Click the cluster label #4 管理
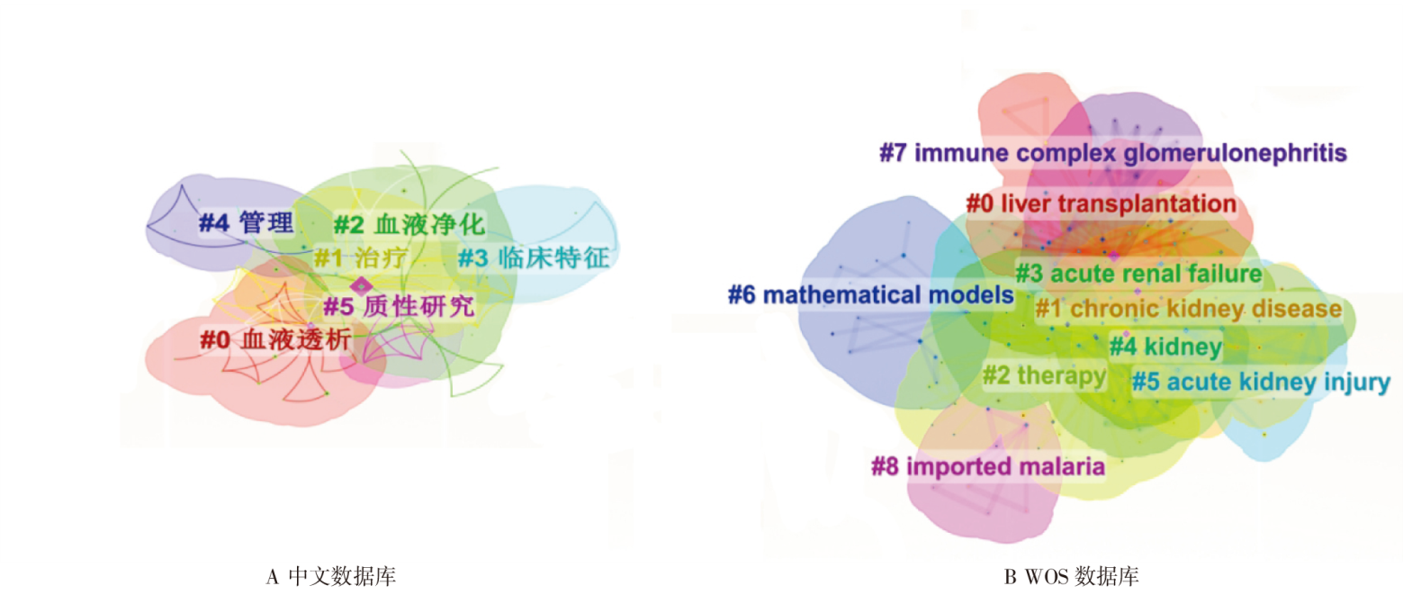coord(247,222)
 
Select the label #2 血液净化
coord(409,224)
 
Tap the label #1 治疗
coord(361,257)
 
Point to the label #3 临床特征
coord(534,257)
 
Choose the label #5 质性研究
coord(399,306)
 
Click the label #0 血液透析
coord(275,339)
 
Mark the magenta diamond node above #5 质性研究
coord(361,286)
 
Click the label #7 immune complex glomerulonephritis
coord(1113,153)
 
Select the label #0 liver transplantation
coord(1102,203)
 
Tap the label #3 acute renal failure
coord(1138,274)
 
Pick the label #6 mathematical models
coord(870,294)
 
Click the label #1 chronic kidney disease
coord(1188,309)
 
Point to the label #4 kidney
coord(1165,347)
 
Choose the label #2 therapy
coord(1044,375)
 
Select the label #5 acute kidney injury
coord(1261,382)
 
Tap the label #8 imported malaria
coord(988,466)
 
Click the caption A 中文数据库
coord(330,576)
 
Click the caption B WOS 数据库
coord(1071,576)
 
